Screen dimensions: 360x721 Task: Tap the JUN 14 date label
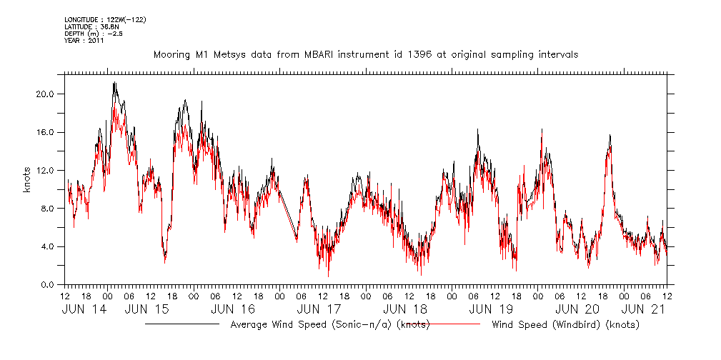point(84,309)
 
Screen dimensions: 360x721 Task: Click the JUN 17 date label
point(319,309)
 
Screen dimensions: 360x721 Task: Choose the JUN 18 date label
point(405,309)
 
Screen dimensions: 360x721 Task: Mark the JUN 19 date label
point(491,309)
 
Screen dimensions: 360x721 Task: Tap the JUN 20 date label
point(577,309)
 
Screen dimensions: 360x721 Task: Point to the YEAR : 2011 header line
point(84,41)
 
